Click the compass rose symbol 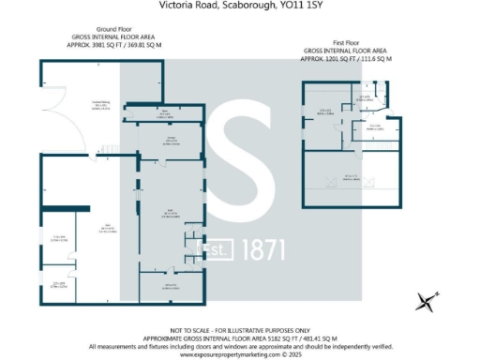coord(426,301)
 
